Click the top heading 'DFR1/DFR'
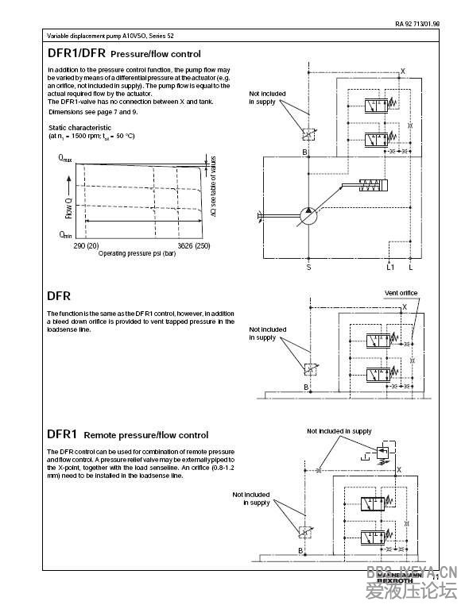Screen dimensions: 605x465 (x=76, y=53)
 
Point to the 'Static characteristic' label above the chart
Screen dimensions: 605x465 (x=79, y=127)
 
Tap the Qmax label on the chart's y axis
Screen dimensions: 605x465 (x=65, y=160)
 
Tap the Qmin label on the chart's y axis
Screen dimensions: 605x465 (x=65, y=235)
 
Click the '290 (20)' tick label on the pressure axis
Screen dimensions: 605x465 (x=86, y=246)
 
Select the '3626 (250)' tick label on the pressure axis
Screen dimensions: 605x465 (x=194, y=246)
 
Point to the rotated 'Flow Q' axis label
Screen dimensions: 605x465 (x=69, y=207)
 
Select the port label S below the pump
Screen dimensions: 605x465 (x=308, y=268)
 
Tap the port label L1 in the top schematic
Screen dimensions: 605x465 (x=389, y=268)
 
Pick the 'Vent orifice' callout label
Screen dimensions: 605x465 (x=401, y=293)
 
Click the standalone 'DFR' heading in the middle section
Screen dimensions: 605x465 (x=59, y=296)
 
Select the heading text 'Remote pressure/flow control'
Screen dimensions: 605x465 (x=146, y=435)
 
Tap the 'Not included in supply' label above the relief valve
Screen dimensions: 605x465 (x=339, y=431)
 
